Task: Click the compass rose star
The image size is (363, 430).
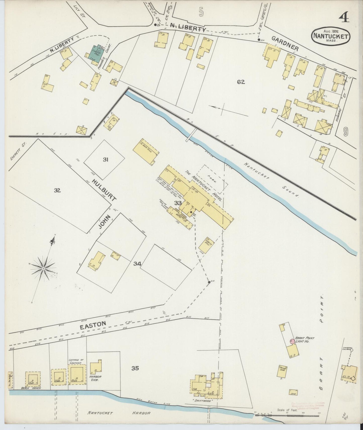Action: [43, 268]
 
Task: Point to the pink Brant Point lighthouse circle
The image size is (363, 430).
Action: [292, 341]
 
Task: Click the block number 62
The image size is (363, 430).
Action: [241, 82]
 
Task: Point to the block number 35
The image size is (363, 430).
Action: [135, 368]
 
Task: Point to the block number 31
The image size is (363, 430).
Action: [105, 159]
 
